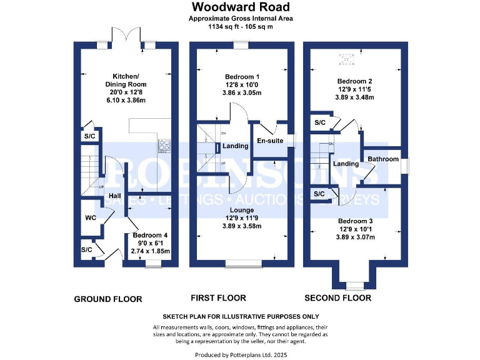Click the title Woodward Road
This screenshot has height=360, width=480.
coord(241,7)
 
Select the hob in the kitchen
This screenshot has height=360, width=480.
coord(165,146)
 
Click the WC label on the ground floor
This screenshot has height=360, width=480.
coord(91,219)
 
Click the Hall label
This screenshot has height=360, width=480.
coord(114,196)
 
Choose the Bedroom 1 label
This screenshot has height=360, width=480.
coord(241,76)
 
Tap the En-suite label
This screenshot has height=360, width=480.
coord(270,141)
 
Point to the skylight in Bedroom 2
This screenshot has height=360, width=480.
coord(346,59)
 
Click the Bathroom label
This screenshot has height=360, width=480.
coord(382,159)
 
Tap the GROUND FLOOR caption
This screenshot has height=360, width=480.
coord(108,299)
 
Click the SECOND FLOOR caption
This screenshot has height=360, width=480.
coord(337,298)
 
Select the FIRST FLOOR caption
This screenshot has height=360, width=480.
coord(218,298)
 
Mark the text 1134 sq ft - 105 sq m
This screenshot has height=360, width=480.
coord(241,27)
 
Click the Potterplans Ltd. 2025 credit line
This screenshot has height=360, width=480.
coord(241,355)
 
